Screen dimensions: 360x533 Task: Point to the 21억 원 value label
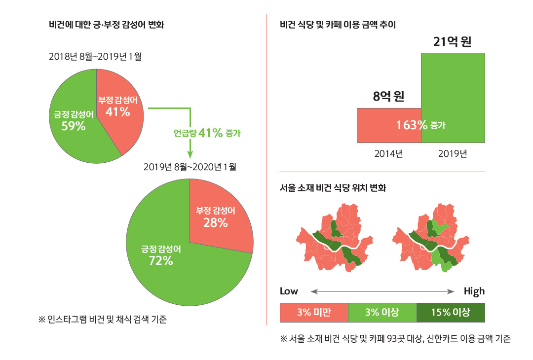[x=453, y=42]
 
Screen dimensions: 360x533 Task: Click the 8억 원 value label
[x=388, y=96]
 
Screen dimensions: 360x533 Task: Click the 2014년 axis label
[x=389, y=153]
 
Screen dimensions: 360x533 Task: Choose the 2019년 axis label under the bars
[x=453, y=153]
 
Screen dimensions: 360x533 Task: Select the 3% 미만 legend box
[x=314, y=312]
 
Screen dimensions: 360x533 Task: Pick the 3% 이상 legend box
[x=382, y=312]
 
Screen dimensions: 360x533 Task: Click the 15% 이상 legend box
[x=451, y=312]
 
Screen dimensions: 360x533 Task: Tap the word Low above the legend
[x=289, y=291]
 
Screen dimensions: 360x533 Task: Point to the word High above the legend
[x=474, y=291]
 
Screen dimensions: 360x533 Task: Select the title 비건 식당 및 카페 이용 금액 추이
[x=337, y=24]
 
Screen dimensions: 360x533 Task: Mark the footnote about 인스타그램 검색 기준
[x=103, y=320]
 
